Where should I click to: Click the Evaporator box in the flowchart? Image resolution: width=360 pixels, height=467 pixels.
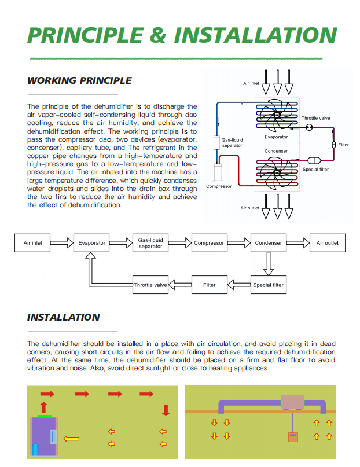click(x=92, y=243)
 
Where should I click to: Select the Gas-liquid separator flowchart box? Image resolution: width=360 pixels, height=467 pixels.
click(x=150, y=243)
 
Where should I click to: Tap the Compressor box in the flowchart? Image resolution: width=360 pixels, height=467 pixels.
click(x=209, y=243)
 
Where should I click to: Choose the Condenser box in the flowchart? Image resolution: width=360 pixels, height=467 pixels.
click(x=268, y=243)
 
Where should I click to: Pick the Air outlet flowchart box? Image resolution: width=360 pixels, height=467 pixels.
click(x=328, y=243)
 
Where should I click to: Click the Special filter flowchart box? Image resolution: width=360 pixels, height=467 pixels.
click(x=268, y=285)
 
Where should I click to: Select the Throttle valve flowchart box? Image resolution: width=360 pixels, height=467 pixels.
click(x=150, y=285)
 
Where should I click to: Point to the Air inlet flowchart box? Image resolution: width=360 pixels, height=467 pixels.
click(x=33, y=243)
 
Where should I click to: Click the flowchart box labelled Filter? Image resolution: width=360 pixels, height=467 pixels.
click(x=210, y=285)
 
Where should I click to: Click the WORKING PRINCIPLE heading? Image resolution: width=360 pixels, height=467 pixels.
click(x=79, y=81)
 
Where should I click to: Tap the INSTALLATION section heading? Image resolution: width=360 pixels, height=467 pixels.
click(x=64, y=317)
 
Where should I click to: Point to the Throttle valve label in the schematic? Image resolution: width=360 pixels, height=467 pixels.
click(x=316, y=119)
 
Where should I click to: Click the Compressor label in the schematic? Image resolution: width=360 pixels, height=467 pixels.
click(x=219, y=186)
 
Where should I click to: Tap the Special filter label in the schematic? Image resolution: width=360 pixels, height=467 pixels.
click(x=316, y=169)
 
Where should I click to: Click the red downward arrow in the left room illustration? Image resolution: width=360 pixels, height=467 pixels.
click(x=166, y=410)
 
